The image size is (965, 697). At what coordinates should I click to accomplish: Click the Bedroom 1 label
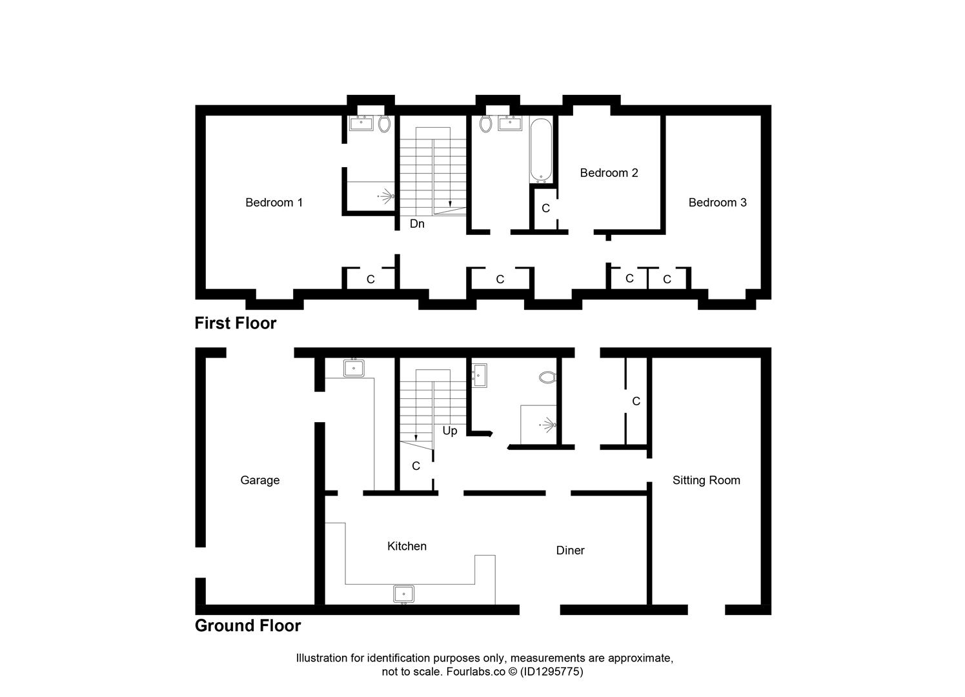274,203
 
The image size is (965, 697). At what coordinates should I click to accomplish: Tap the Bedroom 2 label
609,173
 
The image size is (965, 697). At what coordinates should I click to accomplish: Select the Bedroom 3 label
717,203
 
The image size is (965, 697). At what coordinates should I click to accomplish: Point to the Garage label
259,480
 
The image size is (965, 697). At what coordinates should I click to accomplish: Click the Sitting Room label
706,480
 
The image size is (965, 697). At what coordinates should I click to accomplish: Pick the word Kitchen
407,546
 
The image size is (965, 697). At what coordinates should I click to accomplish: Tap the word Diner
570,551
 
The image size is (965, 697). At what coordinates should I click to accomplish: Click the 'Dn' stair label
417,224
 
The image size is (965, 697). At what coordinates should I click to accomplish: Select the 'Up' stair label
449,430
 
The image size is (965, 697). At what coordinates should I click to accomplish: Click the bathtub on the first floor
541,150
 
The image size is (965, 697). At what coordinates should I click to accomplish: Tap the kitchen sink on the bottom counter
403,594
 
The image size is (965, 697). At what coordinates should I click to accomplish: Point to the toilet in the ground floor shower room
547,377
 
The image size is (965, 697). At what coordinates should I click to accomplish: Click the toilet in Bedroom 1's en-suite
384,124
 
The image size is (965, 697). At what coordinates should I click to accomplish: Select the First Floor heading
236,323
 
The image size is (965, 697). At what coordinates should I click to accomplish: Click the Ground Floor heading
248,626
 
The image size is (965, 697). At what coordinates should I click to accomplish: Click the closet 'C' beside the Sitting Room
636,401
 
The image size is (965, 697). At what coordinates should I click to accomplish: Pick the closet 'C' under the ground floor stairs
416,466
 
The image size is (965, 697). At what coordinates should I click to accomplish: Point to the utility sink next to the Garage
354,369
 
